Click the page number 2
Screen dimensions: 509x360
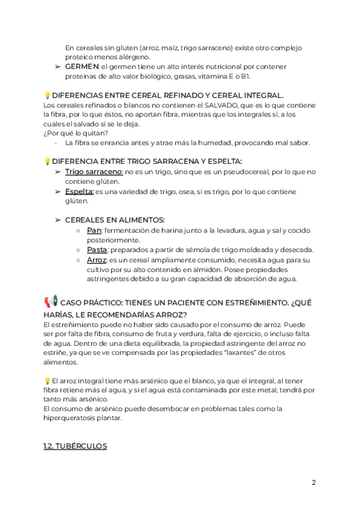pos(313,483)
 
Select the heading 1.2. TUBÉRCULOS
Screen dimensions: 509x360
pos(75,446)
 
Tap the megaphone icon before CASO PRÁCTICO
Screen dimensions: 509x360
pos(50,301)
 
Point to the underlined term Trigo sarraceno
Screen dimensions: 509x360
pos(94,172)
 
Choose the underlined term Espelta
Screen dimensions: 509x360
pos(79,191)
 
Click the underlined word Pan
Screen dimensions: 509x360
pos(94,230)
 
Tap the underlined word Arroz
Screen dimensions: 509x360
pos(97,260)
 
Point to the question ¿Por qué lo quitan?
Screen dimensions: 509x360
pos(76,133)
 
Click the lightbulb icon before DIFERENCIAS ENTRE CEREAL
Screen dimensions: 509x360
pos(47,95)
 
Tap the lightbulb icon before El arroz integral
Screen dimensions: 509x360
pos(47,380)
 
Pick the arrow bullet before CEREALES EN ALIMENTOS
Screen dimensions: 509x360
pos(58,220)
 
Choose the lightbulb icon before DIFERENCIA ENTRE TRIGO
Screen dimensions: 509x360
pos(47,161)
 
